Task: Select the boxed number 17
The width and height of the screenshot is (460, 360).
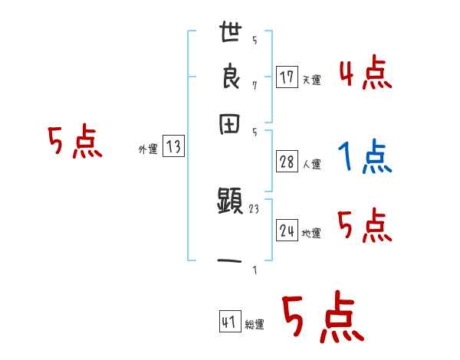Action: pos(287,77)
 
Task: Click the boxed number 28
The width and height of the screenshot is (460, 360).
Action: pos(287,162)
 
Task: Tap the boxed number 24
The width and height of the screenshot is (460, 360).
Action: pos(287,231)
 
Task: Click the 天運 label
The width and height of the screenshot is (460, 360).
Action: pos(312,79)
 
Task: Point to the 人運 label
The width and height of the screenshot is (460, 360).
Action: pos(312,163)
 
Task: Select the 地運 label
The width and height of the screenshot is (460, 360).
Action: pos(312,233)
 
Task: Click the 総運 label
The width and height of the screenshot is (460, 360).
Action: pos(255,324)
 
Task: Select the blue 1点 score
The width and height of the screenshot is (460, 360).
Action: pos(365,157)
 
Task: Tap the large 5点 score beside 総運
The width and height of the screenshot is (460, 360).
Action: pos(323,318)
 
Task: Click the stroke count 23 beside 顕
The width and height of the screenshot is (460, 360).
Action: pos(254,208)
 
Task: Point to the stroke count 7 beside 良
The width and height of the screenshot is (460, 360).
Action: pos(255,84)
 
